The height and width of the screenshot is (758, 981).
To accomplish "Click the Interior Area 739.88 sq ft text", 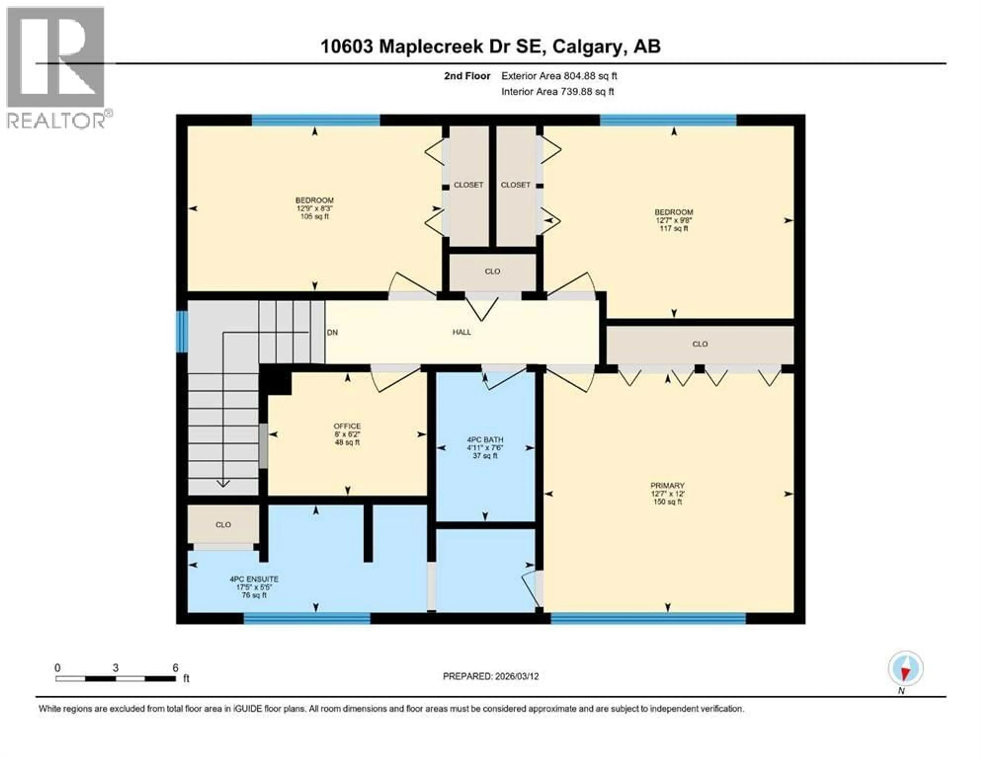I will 557,92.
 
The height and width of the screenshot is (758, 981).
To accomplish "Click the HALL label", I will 461,332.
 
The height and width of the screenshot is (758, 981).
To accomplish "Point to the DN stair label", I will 332,333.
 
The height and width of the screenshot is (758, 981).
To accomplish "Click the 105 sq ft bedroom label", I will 314,208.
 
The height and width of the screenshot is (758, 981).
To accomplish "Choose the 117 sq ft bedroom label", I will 673,220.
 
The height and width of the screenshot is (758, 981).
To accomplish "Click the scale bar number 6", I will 175,667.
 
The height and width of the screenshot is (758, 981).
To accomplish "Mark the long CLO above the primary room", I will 700,344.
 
